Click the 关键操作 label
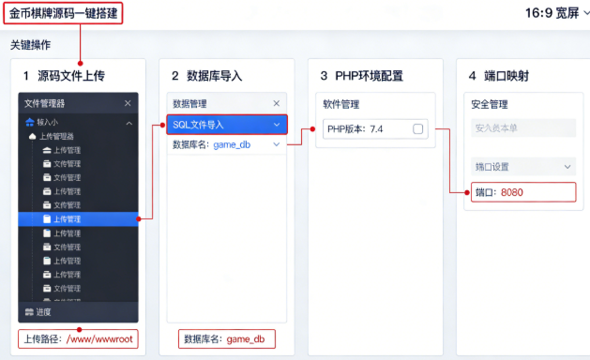30,45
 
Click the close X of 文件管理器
128,103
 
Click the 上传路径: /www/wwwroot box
78,338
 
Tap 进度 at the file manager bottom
38,312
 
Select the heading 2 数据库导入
206,75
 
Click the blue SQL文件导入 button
226,124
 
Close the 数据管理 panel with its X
276,103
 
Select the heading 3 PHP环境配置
361,75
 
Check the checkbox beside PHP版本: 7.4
418,128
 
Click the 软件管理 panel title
341,104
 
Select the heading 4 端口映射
505,75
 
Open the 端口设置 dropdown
522,166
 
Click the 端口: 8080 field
522,191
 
